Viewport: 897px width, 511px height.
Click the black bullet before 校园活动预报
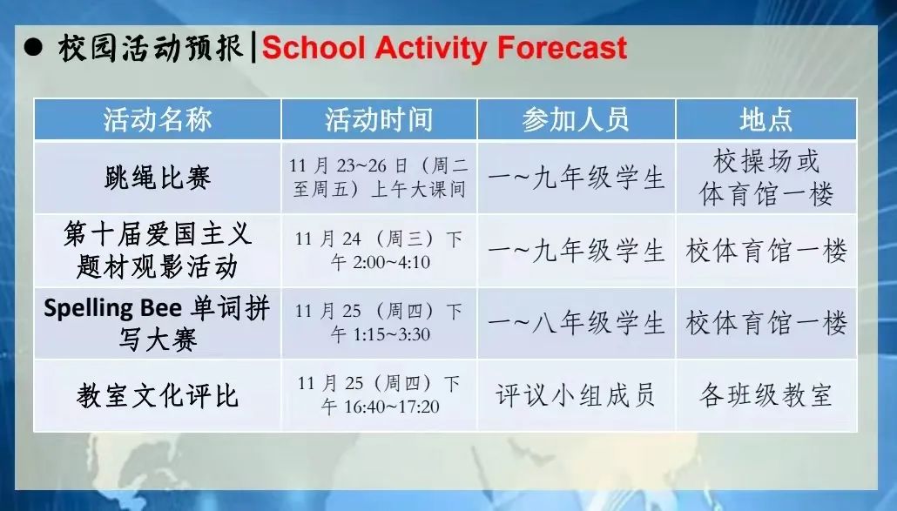pos(33,47)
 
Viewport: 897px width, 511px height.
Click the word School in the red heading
pos(314,47)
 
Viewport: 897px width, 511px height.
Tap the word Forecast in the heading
pos(562,47)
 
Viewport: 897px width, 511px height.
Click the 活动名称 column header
pos(158,120)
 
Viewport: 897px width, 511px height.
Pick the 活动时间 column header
pos(379,120)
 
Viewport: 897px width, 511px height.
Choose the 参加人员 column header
pos(576,120)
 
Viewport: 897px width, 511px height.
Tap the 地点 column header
pos(766,120)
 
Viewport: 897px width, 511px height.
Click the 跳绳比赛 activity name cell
pos(158,178)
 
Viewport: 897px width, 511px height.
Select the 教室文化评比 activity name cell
pos(158,395)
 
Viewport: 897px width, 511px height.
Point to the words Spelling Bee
pos(112,309)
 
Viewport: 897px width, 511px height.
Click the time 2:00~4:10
pos(391,262)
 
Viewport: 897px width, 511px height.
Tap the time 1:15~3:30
pos(391,334)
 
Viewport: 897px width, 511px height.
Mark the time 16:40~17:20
pos(392,407)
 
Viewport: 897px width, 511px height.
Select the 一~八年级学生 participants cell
pos(576,323)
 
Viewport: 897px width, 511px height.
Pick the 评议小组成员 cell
pos(576,395)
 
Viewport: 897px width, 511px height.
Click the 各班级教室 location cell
pos(766,395)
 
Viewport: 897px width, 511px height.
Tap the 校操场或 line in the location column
pos(766,161)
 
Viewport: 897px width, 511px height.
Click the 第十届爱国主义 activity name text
pos(158,234)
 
